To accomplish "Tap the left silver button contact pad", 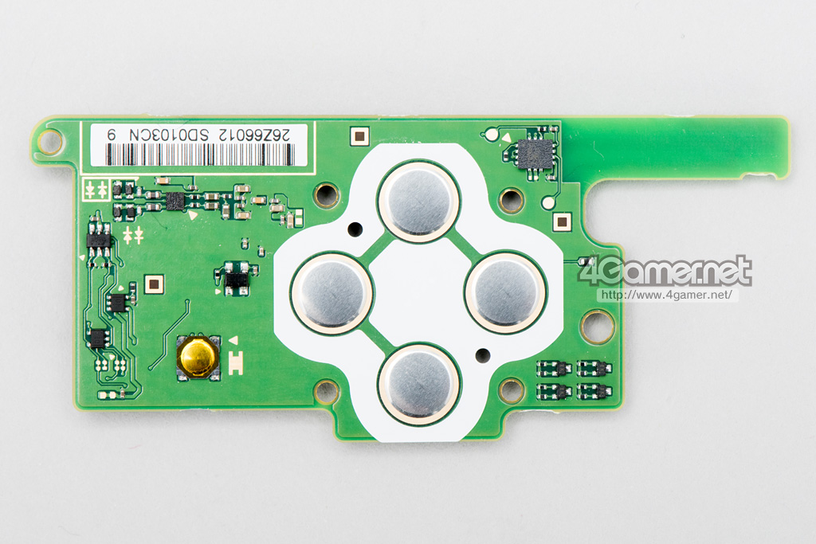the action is point(331,292).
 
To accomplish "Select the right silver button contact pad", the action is point(506,292).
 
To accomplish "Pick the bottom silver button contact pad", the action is point(418,383).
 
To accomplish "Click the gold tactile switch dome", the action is point(198,357).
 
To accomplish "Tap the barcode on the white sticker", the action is point(200,155).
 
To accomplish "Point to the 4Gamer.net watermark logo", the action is point(665,271).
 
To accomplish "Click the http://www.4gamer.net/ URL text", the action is point(667,295).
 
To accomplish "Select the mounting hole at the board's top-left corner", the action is point(50,140).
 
